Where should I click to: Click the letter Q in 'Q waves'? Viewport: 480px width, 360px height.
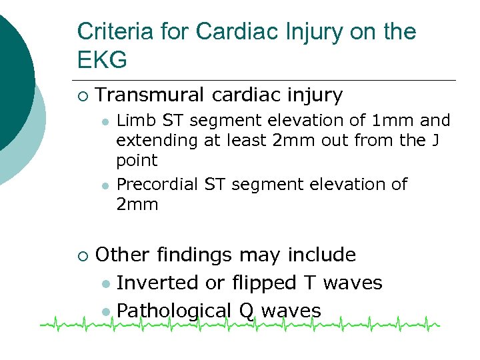click(x=245, y=311)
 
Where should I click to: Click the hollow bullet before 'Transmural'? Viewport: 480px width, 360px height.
click(x=82, y=96)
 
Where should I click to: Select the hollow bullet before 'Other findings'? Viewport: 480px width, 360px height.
click(x=82, y=255)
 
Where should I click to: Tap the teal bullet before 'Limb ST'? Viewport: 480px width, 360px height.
click(x=105, y=122)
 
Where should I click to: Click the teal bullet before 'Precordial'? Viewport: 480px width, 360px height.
click(x=105, y=185)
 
